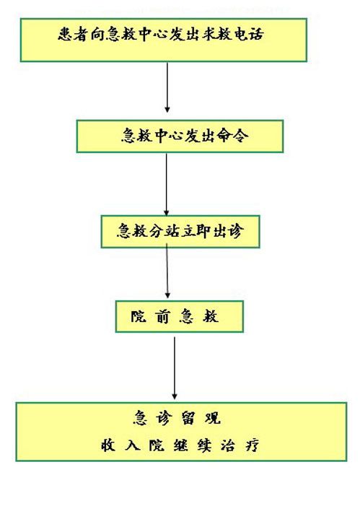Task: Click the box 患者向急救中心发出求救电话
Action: coord(164,40)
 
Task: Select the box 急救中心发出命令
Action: coord(180,136)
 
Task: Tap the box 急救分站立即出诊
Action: coord(180,232)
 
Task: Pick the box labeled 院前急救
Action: coord(180,316)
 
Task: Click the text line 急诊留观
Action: coord(177,418)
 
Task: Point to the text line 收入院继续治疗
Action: coord(180,445)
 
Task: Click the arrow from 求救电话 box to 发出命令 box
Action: coord(167,87)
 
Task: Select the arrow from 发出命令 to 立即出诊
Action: coord(167,184)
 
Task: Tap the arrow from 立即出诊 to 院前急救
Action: coord(167,271)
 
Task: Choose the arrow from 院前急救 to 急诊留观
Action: coord(175,367)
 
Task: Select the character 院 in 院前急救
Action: coord(139,316)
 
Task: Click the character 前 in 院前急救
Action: coord(162,316)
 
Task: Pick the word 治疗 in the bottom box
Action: coord(240,445)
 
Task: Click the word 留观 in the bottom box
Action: coord(201,418)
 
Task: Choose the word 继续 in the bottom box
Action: coord(193,445)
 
